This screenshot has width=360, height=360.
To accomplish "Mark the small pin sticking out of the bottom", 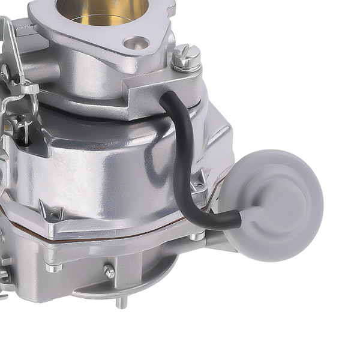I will point(122,302).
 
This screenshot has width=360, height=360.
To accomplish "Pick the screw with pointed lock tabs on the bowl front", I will point(52,211).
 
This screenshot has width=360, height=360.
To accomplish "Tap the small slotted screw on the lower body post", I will point(109,271).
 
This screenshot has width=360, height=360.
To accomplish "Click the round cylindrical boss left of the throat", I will point(42,69).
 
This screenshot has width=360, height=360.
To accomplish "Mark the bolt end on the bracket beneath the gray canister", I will point(198,236).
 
